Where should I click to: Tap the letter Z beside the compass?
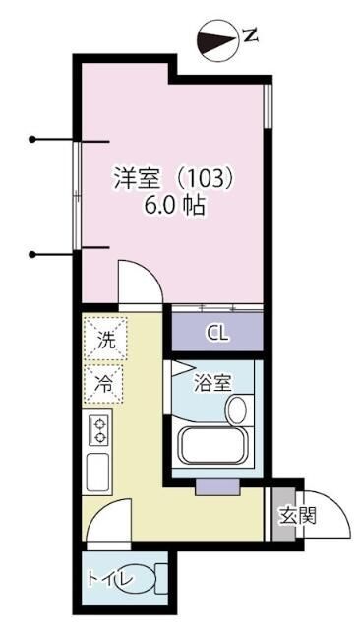[251, 37]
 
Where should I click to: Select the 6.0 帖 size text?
[175, 208]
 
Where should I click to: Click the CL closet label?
[217, 333]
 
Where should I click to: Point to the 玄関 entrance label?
[296, 516]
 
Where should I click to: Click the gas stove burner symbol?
[98, 429]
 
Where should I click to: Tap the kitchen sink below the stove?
[98, 472]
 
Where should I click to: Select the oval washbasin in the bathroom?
[237, 409]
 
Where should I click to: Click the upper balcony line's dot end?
[32, 139]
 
